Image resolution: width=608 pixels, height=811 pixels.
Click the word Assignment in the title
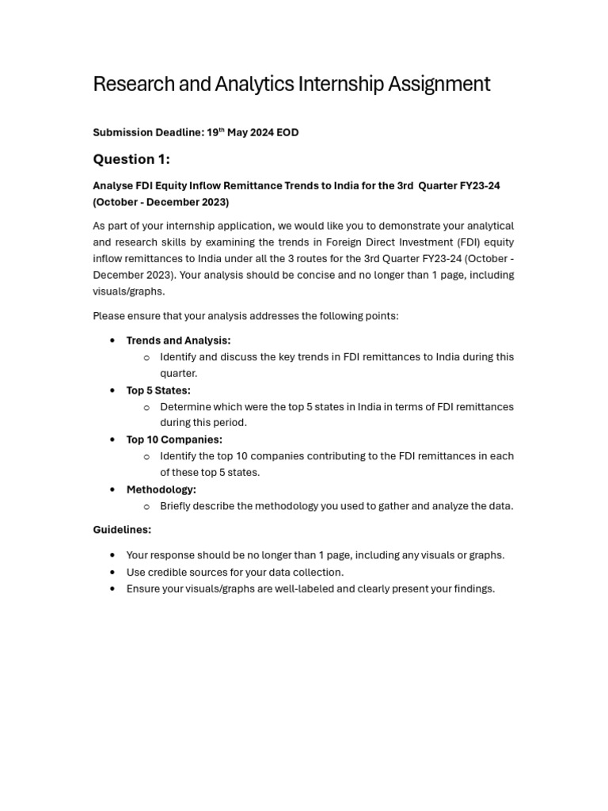pyautogui.click(x=439, y=84)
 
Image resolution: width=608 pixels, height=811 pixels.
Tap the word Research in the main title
pyautogui.click(x=127, y=84)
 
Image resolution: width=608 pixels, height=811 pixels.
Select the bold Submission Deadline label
pyautogui.click(x=148, y=132)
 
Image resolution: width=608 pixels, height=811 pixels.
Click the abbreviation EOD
pyautogui.click(x=287, y=132)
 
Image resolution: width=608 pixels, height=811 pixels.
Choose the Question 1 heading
pyautogui.click(x=131, y=159)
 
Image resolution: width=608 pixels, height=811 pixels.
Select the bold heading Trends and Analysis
pyautogui.click(x=178, y=341)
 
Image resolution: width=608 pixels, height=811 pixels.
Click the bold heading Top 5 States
pyautogui.click(x=158, y=390)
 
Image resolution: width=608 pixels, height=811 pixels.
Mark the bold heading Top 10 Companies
pyautogui.click(x=174, y=440)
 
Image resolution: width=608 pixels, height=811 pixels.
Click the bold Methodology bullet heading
pyautogui.click(x=161, y=489)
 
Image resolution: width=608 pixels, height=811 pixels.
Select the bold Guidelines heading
pyautogui.click(x=122, y=530)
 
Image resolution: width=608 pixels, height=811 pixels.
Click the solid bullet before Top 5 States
pyautogui.click(x=112, y=390)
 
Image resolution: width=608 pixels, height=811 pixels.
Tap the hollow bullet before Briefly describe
pyautogui.click(x=146, y=507)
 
